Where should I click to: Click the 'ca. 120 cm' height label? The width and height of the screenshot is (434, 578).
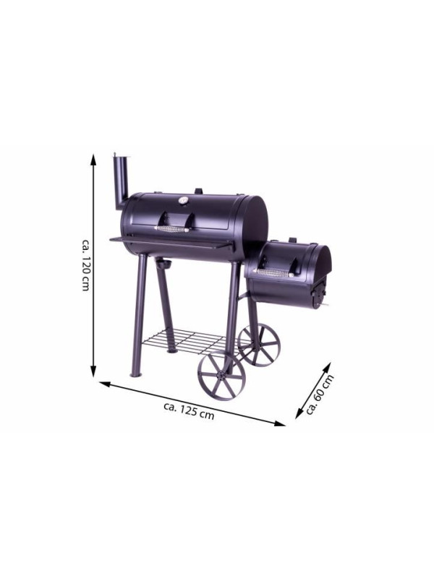(85, 264)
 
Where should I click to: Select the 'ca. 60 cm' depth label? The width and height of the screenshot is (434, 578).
(320, 394)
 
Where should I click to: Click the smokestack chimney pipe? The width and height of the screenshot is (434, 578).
(121, 182)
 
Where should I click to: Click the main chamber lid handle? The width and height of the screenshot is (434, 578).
(173, 224)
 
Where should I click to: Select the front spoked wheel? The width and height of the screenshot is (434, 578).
(221, 376)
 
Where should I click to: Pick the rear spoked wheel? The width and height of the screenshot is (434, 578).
(259, 345)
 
